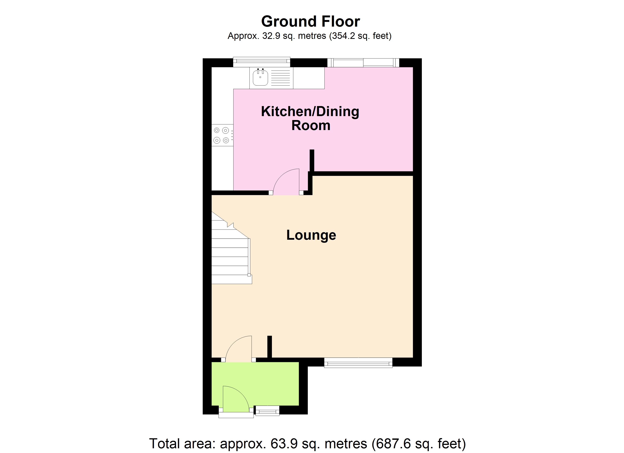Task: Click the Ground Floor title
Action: [310, 22]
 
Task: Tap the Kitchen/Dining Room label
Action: [310, 118]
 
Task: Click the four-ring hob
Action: [222, 135]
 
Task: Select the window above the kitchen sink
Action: [261, 62]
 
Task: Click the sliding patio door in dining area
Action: [363, 63]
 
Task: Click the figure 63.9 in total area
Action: [280, 443]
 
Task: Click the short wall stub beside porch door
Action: [270, 347]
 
